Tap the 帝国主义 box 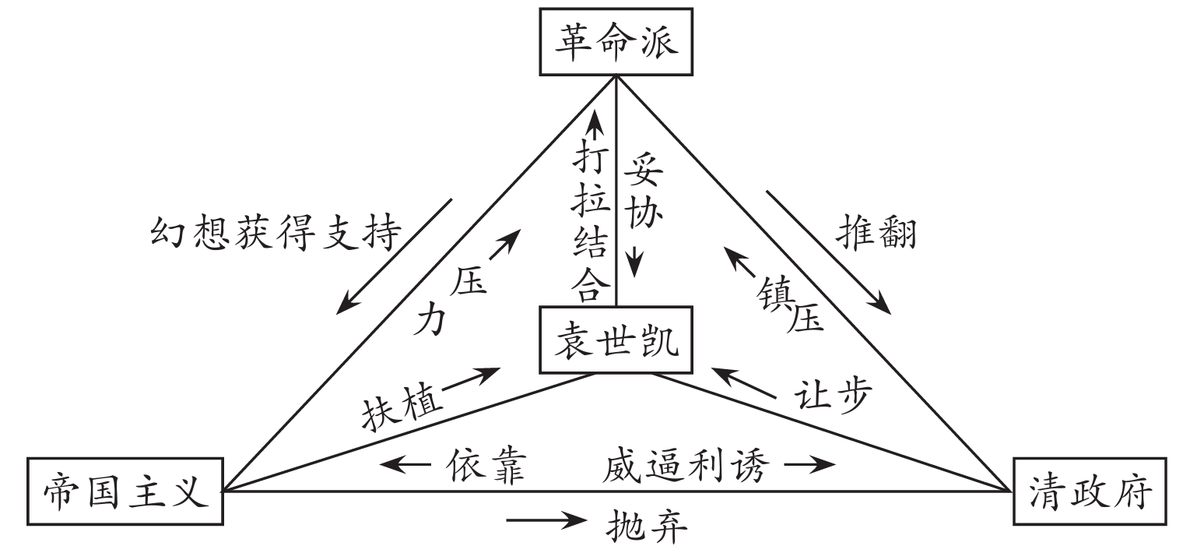click(x=125, y=491)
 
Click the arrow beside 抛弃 click(x=546, y=520)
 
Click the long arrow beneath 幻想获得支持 click(x=394, y=255)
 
